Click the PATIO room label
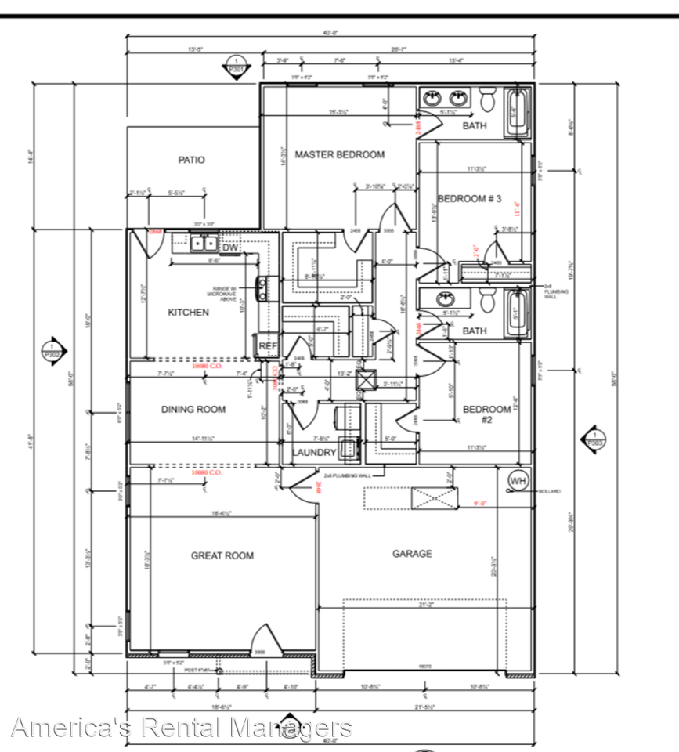tap(191, 160)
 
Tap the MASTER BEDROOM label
tap(339, 154)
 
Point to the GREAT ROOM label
tap(222, 555)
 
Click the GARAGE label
tap(412, 554)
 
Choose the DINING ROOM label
tap(193, 409)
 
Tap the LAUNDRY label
tap(314, 453)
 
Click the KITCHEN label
tap(189, 313)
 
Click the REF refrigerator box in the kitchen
tap(266, 345)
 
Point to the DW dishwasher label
tap(229, 248)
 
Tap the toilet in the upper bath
tap(487, 99)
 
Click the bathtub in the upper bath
tap(517, 114)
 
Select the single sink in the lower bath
tap(446, 299)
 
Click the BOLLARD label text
tap(550, 491)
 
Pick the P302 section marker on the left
tap(52, 349)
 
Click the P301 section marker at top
tap(233, 66)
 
